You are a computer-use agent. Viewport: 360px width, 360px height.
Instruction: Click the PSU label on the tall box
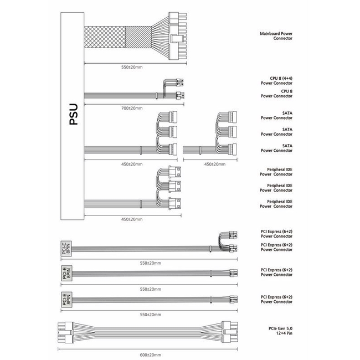point(74,114)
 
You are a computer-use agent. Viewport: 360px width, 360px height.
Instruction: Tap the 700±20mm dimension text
point(132,108)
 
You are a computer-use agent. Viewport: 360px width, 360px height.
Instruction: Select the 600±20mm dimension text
point(151,355)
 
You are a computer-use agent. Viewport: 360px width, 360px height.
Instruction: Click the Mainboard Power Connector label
point(276,36)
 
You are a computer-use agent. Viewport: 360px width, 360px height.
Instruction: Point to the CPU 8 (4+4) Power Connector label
point(277,81)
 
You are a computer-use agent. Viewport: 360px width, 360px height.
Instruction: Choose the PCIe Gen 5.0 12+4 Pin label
point(281,331)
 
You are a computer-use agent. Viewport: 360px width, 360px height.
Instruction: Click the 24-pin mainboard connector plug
point(178,36)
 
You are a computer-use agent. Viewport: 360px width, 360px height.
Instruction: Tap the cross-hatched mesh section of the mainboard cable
point(105,37)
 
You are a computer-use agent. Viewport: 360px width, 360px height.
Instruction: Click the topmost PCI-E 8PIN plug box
point(66,249)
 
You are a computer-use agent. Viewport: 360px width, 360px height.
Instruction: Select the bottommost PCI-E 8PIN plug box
point(66,300)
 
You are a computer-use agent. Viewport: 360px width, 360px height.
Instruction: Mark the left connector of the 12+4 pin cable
point(65,332)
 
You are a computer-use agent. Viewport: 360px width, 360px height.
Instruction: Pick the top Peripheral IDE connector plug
point(174,172)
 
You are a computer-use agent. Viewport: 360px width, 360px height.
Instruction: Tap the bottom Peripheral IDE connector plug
point(174,204)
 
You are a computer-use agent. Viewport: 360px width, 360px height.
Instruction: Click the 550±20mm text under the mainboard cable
point(132,67)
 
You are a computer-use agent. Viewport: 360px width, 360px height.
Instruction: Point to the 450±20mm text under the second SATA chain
point(215,164)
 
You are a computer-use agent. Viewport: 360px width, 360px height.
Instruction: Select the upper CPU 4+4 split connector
point(179,83)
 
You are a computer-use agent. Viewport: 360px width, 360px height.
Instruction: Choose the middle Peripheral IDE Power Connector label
point(276,188)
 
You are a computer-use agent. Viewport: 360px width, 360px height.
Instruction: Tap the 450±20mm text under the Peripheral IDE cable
point(132,219)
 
